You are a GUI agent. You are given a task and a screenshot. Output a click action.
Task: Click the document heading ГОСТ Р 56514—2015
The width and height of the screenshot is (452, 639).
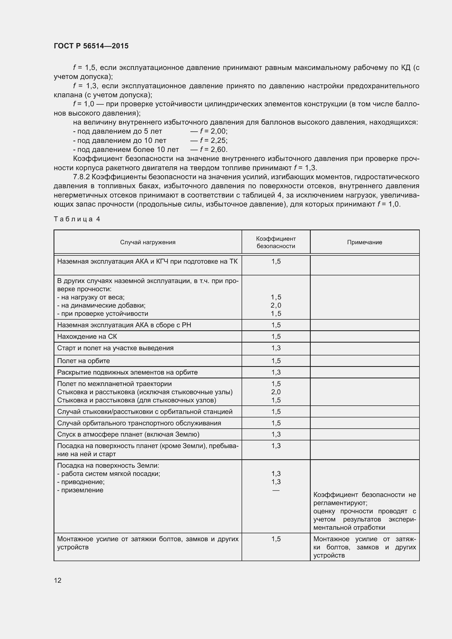click(x=91, y=46)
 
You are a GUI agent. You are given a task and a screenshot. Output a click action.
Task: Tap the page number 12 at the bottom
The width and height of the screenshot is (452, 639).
click(x=58, y=580)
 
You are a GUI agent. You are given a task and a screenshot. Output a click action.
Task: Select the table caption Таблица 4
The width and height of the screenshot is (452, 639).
click(x=77, y=219)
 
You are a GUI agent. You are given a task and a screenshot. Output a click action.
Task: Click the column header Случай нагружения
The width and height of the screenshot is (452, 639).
click(x=148, y=242)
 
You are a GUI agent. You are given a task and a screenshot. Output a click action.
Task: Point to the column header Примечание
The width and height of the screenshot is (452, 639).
click(x=364, y=242)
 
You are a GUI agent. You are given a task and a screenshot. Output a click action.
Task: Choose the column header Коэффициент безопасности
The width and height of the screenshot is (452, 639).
click(x=276, y=242)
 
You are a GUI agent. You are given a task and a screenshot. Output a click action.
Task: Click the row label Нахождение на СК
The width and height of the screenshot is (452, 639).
click(x=87, y=337)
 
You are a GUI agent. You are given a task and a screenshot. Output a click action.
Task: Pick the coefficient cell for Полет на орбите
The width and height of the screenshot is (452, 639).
click(x=276, y=361)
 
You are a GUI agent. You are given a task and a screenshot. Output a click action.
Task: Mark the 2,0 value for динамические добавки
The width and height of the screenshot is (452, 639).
click(x=276, y=305)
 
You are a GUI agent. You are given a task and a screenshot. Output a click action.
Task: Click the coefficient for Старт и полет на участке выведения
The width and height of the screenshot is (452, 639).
click(x=276, y=348)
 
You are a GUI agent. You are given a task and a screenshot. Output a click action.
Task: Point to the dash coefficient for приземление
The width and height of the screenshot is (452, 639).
click(x=276, y=490)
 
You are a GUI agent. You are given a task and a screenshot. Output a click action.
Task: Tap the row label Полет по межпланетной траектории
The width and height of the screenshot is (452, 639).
click(x=115, y=384)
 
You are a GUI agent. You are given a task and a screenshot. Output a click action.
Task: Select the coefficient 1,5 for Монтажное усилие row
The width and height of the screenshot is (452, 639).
click(x=276, y=539)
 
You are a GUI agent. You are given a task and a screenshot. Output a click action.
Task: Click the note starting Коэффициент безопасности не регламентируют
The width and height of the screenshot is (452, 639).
click(x=364, y=511)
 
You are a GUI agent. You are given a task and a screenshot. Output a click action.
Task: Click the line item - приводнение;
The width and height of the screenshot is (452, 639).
click(x=81, y=482)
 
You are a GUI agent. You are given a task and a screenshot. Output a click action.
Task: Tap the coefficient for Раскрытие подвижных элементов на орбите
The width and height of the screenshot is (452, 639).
click(x=276, y=372)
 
